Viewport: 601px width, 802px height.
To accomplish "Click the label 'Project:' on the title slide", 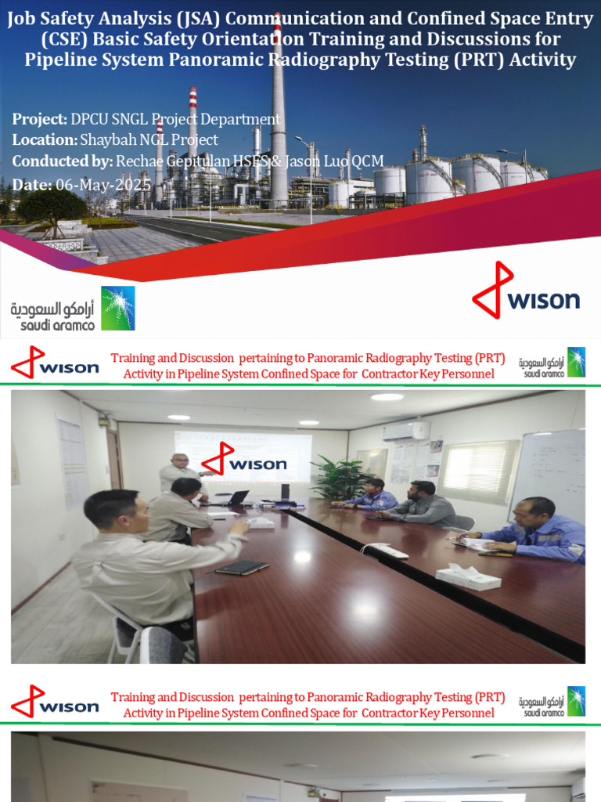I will click(x=40, y=119).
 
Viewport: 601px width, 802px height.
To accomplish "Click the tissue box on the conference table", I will click(x=467, y=576).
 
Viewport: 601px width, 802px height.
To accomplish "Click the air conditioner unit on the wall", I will click(x=406, y=431).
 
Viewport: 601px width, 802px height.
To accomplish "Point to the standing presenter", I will click(x=178, y=474).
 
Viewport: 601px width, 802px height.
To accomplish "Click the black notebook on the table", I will click(x=241, y=567).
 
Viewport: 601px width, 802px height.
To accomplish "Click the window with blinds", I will click(x=478, y=471).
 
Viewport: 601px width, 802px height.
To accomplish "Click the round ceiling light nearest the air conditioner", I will click(x=387, y=397).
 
